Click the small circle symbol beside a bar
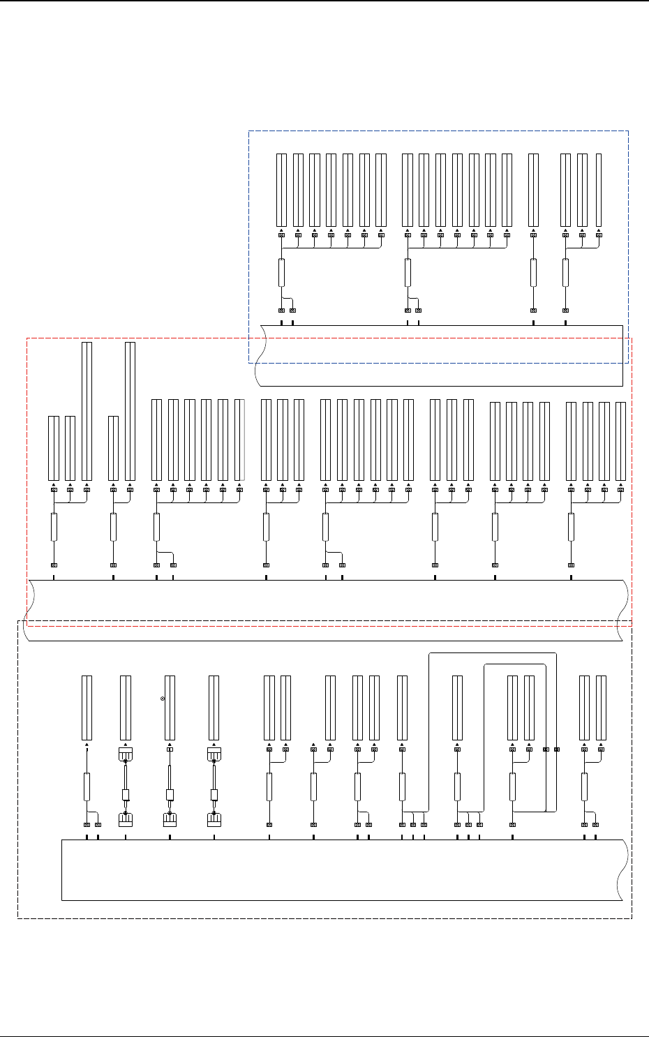coord(163,699)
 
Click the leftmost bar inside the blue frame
coord(281,190)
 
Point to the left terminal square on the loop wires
coord(546,750)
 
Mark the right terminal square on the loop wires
coord(556,750)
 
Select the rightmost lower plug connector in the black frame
coord(214,820)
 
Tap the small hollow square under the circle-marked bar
coord(170,749)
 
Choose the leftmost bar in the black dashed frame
coord(87,708)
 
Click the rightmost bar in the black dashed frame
coord(601,708)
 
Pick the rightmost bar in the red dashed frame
coord(621,441)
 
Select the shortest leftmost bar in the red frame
coord(54,448)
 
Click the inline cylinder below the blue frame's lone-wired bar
coord(533,272)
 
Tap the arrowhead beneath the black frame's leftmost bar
coord(87,745)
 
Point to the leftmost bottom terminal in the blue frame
coord(281,311)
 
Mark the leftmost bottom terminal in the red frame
coord(54,565)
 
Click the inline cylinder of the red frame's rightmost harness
coord(571,527)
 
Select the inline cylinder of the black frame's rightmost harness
coord(584,786)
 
